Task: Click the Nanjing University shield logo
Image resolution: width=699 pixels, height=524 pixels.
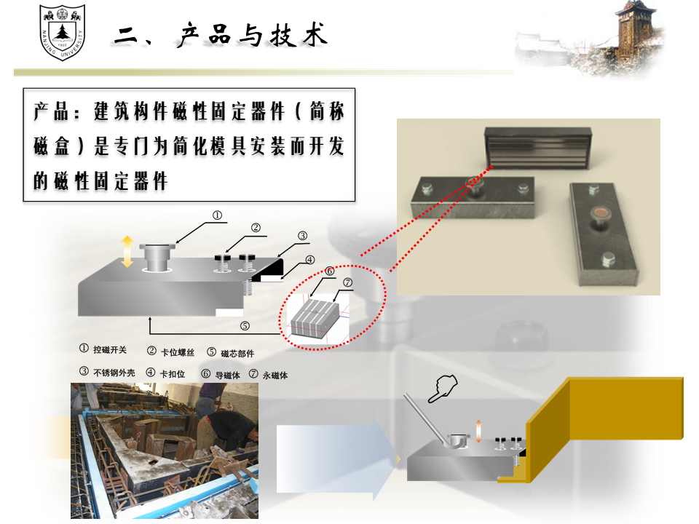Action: pyautogui.click(x=62, y=32)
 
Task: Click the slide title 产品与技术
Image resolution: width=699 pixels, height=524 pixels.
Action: pyautogui.click(x=253, y=35)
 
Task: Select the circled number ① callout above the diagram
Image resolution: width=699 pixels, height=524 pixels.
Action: pyautogui.click(x=217, y=215)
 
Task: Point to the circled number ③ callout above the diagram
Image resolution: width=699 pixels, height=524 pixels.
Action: pyautogui.click(x=303, y=236)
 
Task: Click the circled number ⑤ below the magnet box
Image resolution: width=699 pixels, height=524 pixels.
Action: pyautogui.click(x=245, y=326)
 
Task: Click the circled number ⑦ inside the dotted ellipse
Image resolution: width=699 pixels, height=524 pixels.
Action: pyautogui.click(x=348, y=282)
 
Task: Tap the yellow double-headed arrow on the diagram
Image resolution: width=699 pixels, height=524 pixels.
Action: pyautogui.click(x=127, y=252)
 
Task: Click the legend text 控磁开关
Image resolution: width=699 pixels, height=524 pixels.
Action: pyautogui.click(x=110, y=350)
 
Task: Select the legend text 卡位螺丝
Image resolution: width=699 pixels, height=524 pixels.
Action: pyautogui.click(x=178, y=352)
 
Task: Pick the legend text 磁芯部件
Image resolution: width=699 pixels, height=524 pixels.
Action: pyautogui.click(x=237, y=354)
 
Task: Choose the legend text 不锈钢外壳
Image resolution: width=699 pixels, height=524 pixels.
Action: pyautogui.click(x=114, y=373)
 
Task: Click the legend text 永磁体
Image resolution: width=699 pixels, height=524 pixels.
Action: pyautogui.click(x=275, y=376)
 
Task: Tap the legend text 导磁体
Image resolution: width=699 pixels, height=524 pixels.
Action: pyautogui.click(x=227, y=376)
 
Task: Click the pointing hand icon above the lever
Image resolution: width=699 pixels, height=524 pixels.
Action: pyautogui.click(x=443, y=389)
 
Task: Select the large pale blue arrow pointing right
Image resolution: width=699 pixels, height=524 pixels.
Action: pyautogui.click(x=337, y=459)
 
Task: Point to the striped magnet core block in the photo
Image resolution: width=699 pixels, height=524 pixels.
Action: pyautogui.click(x=538, y=148)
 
